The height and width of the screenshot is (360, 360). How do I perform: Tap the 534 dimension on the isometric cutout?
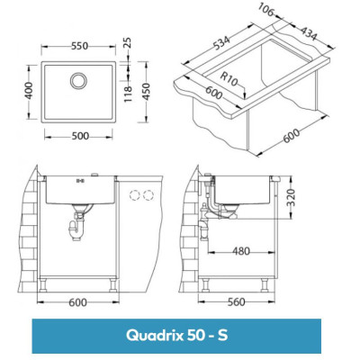217,47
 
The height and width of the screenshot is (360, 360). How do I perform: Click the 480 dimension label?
240,251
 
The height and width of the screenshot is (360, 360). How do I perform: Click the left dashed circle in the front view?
134,194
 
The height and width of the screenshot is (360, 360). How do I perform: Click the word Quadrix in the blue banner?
152,335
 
